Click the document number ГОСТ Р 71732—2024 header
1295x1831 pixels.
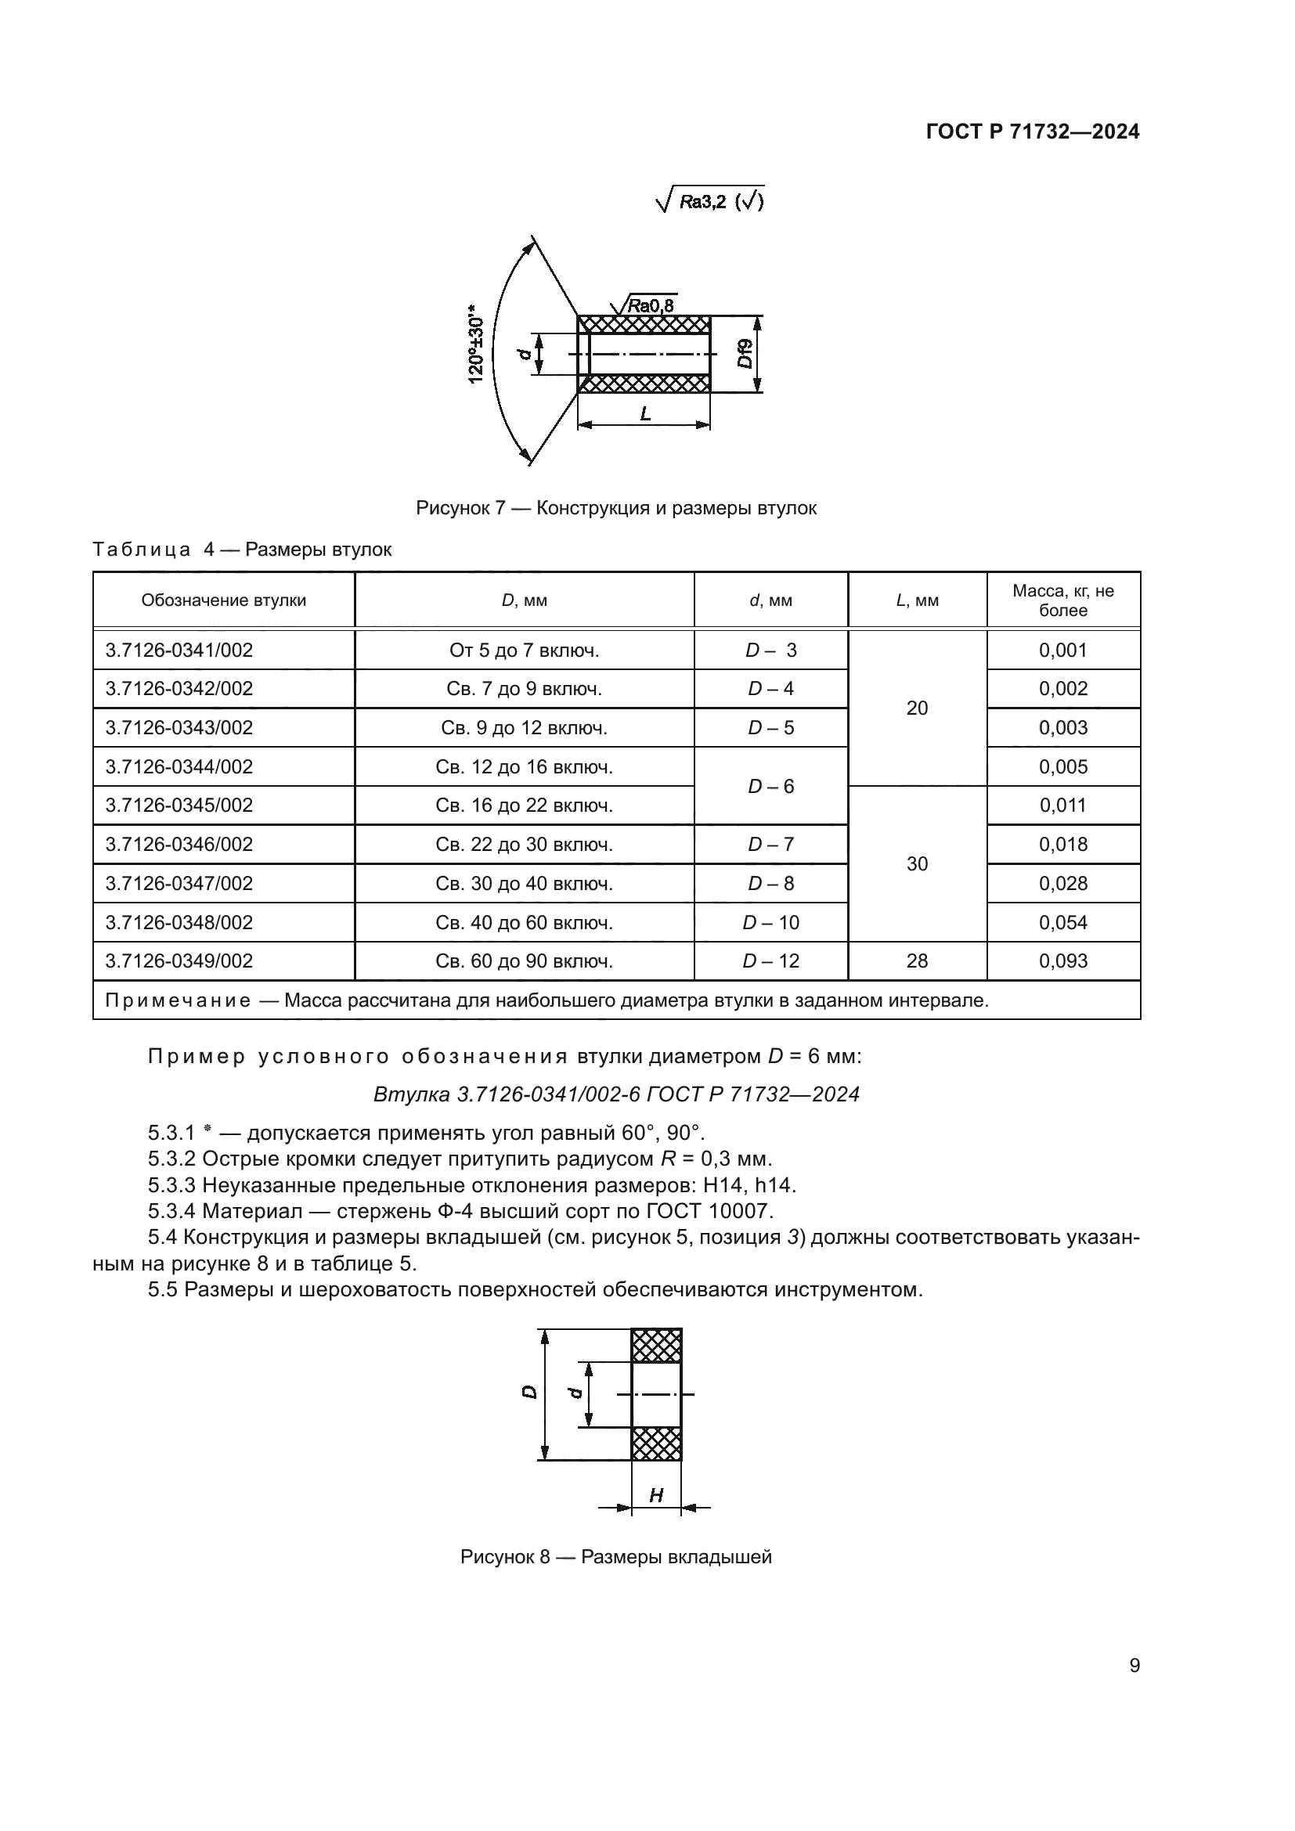pos(1032,132)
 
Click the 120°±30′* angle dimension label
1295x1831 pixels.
pos(476,344)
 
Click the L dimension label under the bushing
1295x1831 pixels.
pos(645,414)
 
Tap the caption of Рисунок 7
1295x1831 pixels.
pos(615,508)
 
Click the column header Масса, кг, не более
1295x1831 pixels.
pos(1062,600)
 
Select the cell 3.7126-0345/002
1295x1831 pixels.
pos(179,806)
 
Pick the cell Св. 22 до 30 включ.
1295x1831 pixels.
pos(524,845)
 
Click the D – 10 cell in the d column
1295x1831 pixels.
pos(770,923)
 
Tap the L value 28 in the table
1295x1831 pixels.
pos(916,961)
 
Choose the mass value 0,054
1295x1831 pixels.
pos(1062,923)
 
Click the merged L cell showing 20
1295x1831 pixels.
pos(916,708)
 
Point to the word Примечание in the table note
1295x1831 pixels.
pos(178,1001)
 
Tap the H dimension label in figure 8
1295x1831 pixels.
pos(656,1495)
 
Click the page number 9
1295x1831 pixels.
pos(1134,1666)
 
